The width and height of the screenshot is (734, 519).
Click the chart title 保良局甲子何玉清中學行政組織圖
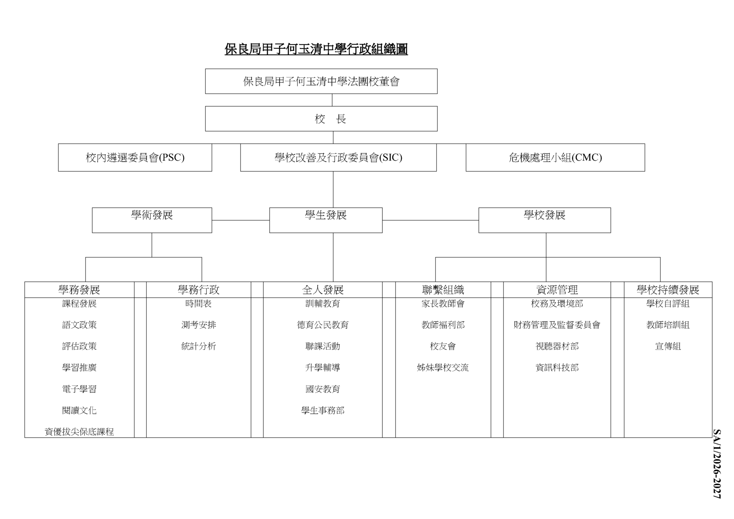click(x=316, y=49)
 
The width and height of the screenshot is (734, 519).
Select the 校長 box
click(x=321, y=119)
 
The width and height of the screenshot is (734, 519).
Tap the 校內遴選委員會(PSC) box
click(x=135, y=157)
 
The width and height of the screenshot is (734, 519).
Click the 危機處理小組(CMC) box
click(x=555, y=157)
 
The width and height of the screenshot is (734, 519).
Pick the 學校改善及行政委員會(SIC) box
click(x=338, y=157)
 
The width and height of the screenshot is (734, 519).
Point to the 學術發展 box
click(x=152, y=220)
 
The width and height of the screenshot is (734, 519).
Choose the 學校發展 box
click(x=545, y=220)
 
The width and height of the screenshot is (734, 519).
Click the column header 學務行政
click(x=199, y=290)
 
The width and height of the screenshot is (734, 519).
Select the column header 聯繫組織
click(x=443, y=290)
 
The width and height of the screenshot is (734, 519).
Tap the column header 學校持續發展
click(x=668, y=290)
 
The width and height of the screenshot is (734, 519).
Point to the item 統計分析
click(x=199, y=346)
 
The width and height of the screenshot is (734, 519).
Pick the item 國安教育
click(x=323, y=389)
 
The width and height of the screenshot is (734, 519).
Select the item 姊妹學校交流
click(x=443, y=367)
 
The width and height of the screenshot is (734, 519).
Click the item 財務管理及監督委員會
click(x=557, y=325)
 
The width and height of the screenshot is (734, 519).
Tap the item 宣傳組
click(x=668, y=346)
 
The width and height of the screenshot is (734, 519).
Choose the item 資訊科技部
click(x=557, y=367)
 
